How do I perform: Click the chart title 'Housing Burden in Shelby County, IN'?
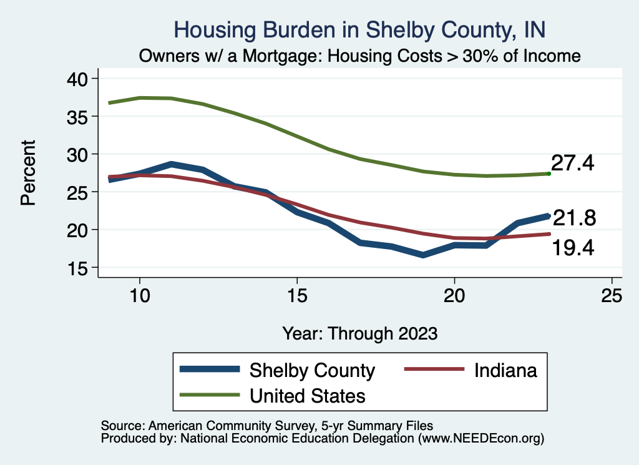[360, 29]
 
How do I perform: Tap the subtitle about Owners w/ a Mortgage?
[360, 56]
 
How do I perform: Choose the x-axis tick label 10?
[140, 296]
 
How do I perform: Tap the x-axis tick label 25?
[612, 296]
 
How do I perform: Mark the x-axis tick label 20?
[454, 296]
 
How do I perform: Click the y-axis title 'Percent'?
[28, 173]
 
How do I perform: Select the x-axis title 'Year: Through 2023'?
[360, 333]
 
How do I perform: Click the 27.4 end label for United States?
[572, 164]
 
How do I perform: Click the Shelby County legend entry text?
[312, 370]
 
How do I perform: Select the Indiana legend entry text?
[505, 370]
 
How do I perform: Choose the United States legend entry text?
[308, 395]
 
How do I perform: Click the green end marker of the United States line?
[549, 174]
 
